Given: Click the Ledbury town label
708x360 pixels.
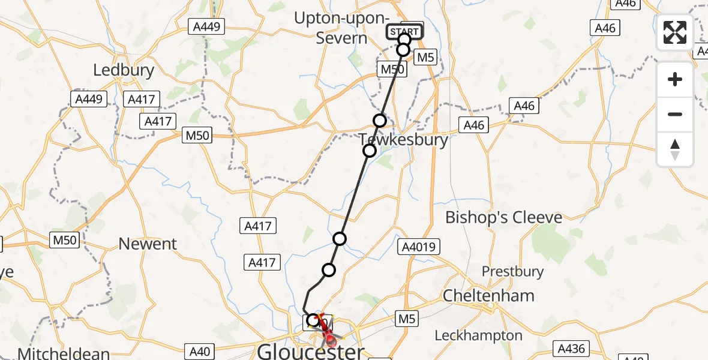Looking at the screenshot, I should tap(124, 70).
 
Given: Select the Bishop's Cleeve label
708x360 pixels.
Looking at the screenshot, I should tap(503, 217).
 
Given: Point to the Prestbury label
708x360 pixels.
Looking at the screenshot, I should tap(512, 272).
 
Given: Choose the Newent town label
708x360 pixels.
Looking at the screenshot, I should tap(148, 244).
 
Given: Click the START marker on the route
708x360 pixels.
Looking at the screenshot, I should tap(405, 32).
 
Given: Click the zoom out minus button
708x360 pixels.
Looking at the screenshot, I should tap(675, 114).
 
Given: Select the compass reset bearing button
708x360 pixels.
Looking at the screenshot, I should tap(675, 149).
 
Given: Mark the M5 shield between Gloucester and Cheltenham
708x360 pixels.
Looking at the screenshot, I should tap(406, 319).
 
